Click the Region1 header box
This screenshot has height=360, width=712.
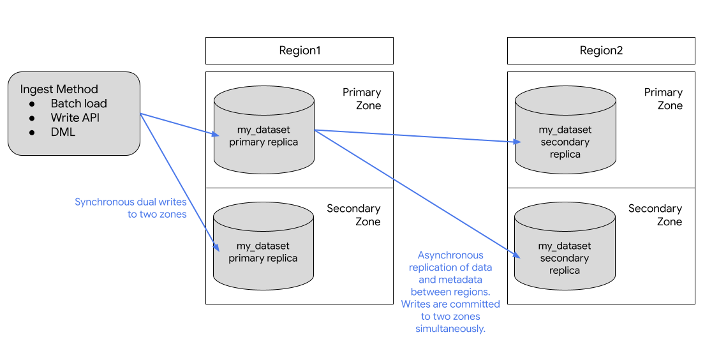click(x=299, y=51)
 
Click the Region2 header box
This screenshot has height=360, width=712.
click(x=601, y=51)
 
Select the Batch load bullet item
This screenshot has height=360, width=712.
click(x=78, y=103)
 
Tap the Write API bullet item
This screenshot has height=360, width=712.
click(x=75, y=118)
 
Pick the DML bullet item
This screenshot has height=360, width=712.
click(x=63, y=132)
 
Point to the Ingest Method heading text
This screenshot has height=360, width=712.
click(x=59, y=89)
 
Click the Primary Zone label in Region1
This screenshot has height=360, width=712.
click(x=362, y=99)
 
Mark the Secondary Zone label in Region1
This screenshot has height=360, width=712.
click(x=353, y=215)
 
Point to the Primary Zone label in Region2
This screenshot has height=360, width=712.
click(x=664, y=99)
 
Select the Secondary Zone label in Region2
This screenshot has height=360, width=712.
click(x=655, y=215)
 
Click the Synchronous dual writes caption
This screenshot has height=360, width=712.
click(x=131, y=208)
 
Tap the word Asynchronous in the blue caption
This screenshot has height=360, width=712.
click(x=450, y=255)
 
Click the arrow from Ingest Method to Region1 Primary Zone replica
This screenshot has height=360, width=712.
click(x=179, y=124)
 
